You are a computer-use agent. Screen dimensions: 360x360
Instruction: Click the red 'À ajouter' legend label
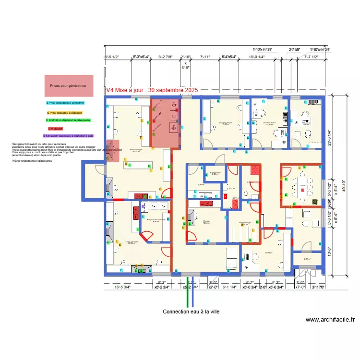[56, 129]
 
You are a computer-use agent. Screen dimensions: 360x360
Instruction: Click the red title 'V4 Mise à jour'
[151, 90]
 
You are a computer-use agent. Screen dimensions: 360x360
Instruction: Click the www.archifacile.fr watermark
[330, 320]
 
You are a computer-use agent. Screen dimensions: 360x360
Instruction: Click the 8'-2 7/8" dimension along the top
[166, 57]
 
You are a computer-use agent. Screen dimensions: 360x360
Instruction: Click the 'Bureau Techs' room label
[226, 123]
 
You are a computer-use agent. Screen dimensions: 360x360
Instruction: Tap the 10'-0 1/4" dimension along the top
[256, 57]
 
